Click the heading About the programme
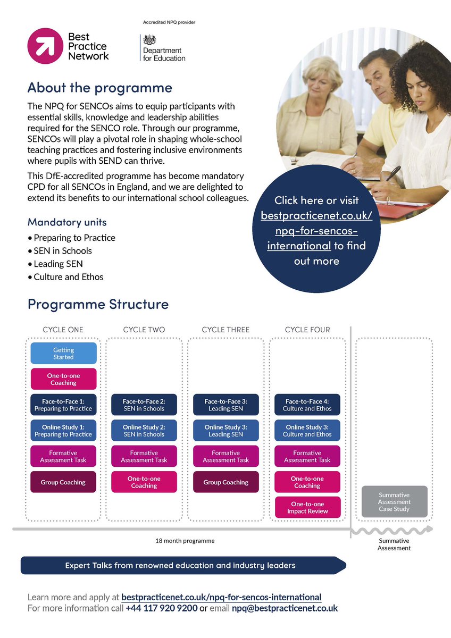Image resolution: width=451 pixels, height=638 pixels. tap(100, 87)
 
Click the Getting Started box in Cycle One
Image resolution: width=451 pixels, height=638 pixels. tap(63, 354)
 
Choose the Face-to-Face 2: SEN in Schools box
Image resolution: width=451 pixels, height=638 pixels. tap(144, 405)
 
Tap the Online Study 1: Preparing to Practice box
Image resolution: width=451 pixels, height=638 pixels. tap(63, 430)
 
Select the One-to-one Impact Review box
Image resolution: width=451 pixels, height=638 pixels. tap(307, 507)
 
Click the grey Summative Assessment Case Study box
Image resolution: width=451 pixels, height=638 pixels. tap(394, 501)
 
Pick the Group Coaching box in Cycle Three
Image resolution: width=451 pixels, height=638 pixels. tap(226, 482)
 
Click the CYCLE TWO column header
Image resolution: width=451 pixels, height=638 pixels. tap(144, 330)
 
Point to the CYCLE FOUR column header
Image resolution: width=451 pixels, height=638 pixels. tap(307, 330)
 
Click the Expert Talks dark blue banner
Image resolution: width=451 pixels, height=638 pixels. tap(181, 565)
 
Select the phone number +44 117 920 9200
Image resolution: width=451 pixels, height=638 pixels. tap(162, 608)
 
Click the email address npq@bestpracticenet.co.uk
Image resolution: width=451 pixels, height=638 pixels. tap(285, 608)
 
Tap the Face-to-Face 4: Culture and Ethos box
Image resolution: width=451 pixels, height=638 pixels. tap(307, 405)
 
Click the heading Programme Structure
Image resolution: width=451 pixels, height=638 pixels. tap(98, 304)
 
